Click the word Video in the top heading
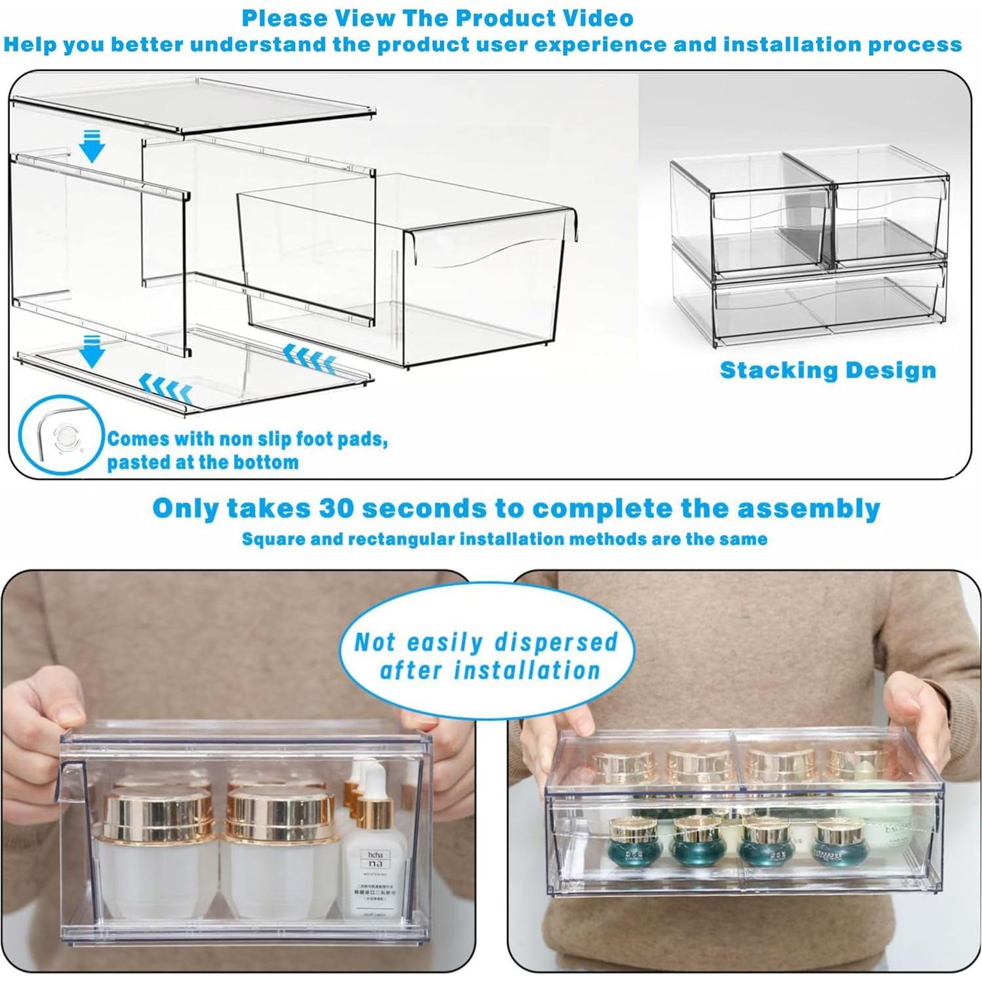click(595, 18)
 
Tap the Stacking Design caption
click(827, 370)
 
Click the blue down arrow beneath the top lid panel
click(92, 146)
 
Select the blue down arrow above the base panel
click(92, 351)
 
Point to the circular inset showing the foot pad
click(61, 434)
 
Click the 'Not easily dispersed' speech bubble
click(487, 656)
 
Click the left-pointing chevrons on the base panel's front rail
click(166, 389)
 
